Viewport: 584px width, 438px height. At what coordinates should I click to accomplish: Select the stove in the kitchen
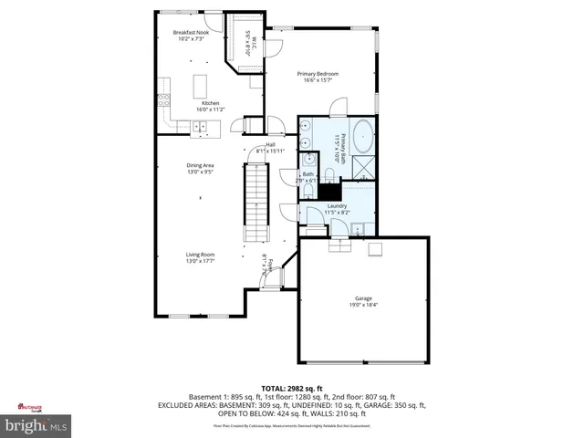(164, 89)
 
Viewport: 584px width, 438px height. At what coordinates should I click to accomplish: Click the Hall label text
(270, 145)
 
